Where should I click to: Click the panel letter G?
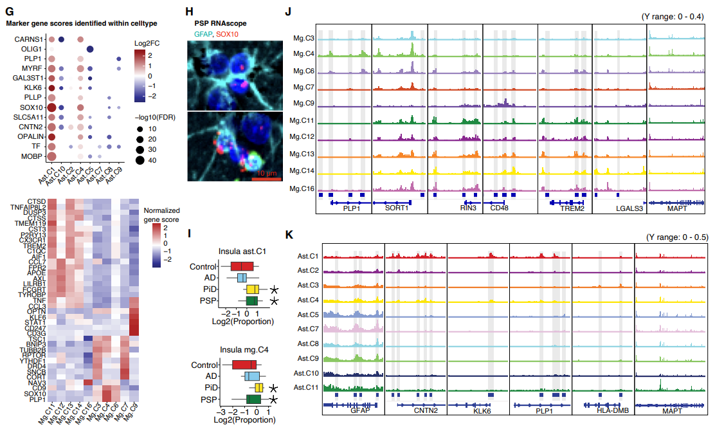pyautogui.click(x=5, y=11)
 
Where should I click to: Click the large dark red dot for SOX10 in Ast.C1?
pyautogui.click(x=52, y=107)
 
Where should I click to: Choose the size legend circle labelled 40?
pyautogui.click(x=138, y=160)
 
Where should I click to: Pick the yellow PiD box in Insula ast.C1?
pyautogui.click(x=253, y=289)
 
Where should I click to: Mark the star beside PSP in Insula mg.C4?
pyautogui.click(x=274, y=399)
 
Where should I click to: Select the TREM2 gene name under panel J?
pyautogui.click(x=567, y=209)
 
